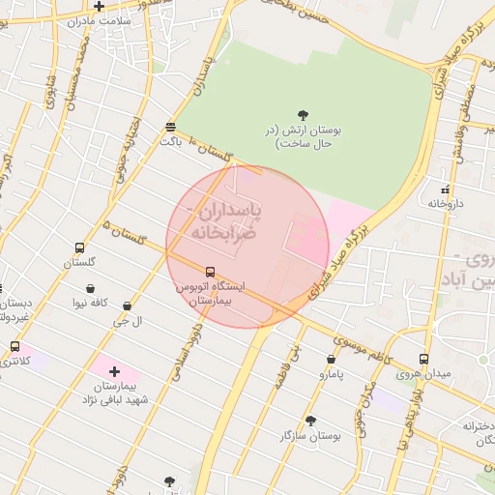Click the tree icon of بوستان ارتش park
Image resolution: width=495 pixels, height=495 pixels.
pyautogui.click(x=304, y=114)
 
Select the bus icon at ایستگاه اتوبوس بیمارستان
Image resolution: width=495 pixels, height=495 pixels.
pyautogui.click(x=211, y=272)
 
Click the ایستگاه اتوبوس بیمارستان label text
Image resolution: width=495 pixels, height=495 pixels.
pyautogui.click(x=210, y=295)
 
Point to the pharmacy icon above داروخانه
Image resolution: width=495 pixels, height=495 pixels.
pyautogui.click(x=445, y=189)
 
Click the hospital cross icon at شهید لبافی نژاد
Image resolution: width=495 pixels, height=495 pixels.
pyautogui.click(x=114, y=371)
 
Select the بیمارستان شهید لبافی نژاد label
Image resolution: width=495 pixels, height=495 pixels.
pyautogui.click(x=114, y=393)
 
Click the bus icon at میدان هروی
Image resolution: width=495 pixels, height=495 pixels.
pyautogui.click(x=423, y=359)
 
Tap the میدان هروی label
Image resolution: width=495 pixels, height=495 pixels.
pyautogui.click(x=423, y=374)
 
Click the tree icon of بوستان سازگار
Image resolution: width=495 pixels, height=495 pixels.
pyautogui.click(x=310, y=421)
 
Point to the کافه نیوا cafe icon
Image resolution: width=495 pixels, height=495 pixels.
pyautogui.click(x=91, y=288)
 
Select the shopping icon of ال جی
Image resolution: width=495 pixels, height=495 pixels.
pyautogui.click(x=127, y=306)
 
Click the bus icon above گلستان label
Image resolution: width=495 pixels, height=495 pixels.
pyautogui.click(x=79, y=247)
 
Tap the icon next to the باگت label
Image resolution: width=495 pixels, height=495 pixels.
pyautogui.click(x=170, y=127)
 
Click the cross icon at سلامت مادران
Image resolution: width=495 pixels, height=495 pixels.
pyautogui.click(x=99, y=6)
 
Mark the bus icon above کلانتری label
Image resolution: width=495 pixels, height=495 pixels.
pyautogui.click(x=15, y=346)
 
